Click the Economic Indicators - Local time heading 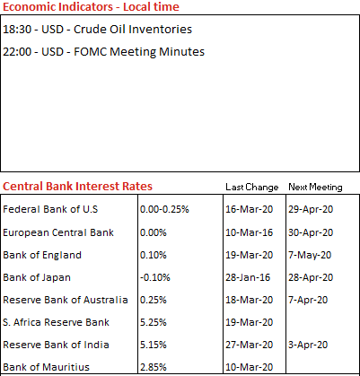91,6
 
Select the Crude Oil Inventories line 97,30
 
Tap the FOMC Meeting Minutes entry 103,52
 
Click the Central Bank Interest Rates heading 77,186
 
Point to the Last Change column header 252,188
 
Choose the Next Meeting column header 315,188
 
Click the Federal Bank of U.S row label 50,209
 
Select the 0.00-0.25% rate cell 164,209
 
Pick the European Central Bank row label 58,232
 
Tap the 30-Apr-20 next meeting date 311,232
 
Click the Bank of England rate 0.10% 154,255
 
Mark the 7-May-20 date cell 310,255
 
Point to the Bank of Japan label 37,277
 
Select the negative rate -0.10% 155,277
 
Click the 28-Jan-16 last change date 248,277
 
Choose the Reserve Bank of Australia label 66,300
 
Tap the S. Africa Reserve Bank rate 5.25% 154,322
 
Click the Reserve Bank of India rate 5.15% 154,345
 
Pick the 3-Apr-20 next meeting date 308,345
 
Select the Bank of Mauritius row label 47,367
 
